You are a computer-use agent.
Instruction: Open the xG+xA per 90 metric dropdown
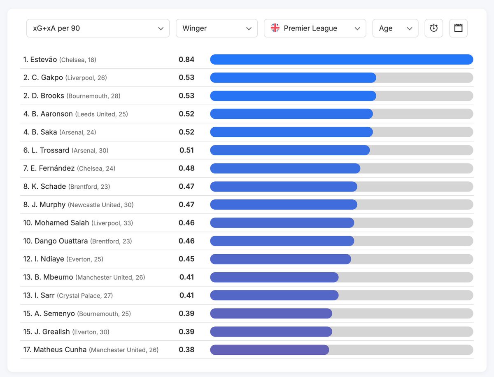[x=98, y=28]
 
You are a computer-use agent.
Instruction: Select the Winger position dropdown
[x=217, y=28]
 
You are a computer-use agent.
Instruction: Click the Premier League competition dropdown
[x=315, y=28]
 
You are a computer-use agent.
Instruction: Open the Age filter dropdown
[x=395, y=28]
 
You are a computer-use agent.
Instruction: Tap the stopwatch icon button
[x=433, y=28]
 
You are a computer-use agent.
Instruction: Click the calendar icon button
[x=458, y=28]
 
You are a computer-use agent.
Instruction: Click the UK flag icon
[x=275, y=28]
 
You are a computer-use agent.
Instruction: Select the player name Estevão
[x=43, y=60]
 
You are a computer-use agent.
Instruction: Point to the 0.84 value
[x=186, y=60]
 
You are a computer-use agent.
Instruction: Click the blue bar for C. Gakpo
[x=293, y=78]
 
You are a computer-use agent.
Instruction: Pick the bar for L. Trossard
[x=290, y=150]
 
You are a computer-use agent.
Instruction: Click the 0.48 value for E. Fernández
[x=186, y=169]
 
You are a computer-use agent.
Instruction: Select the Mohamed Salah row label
[x=62, y=223]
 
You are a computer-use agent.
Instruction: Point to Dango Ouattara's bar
[x=282, y=241]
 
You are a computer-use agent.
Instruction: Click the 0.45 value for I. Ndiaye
[x=186, y=259]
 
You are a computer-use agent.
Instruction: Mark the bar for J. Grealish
[x=271, y=332]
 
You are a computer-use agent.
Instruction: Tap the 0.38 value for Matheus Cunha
[x=186, y=350]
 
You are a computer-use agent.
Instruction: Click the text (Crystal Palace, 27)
[x=85, y=296]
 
